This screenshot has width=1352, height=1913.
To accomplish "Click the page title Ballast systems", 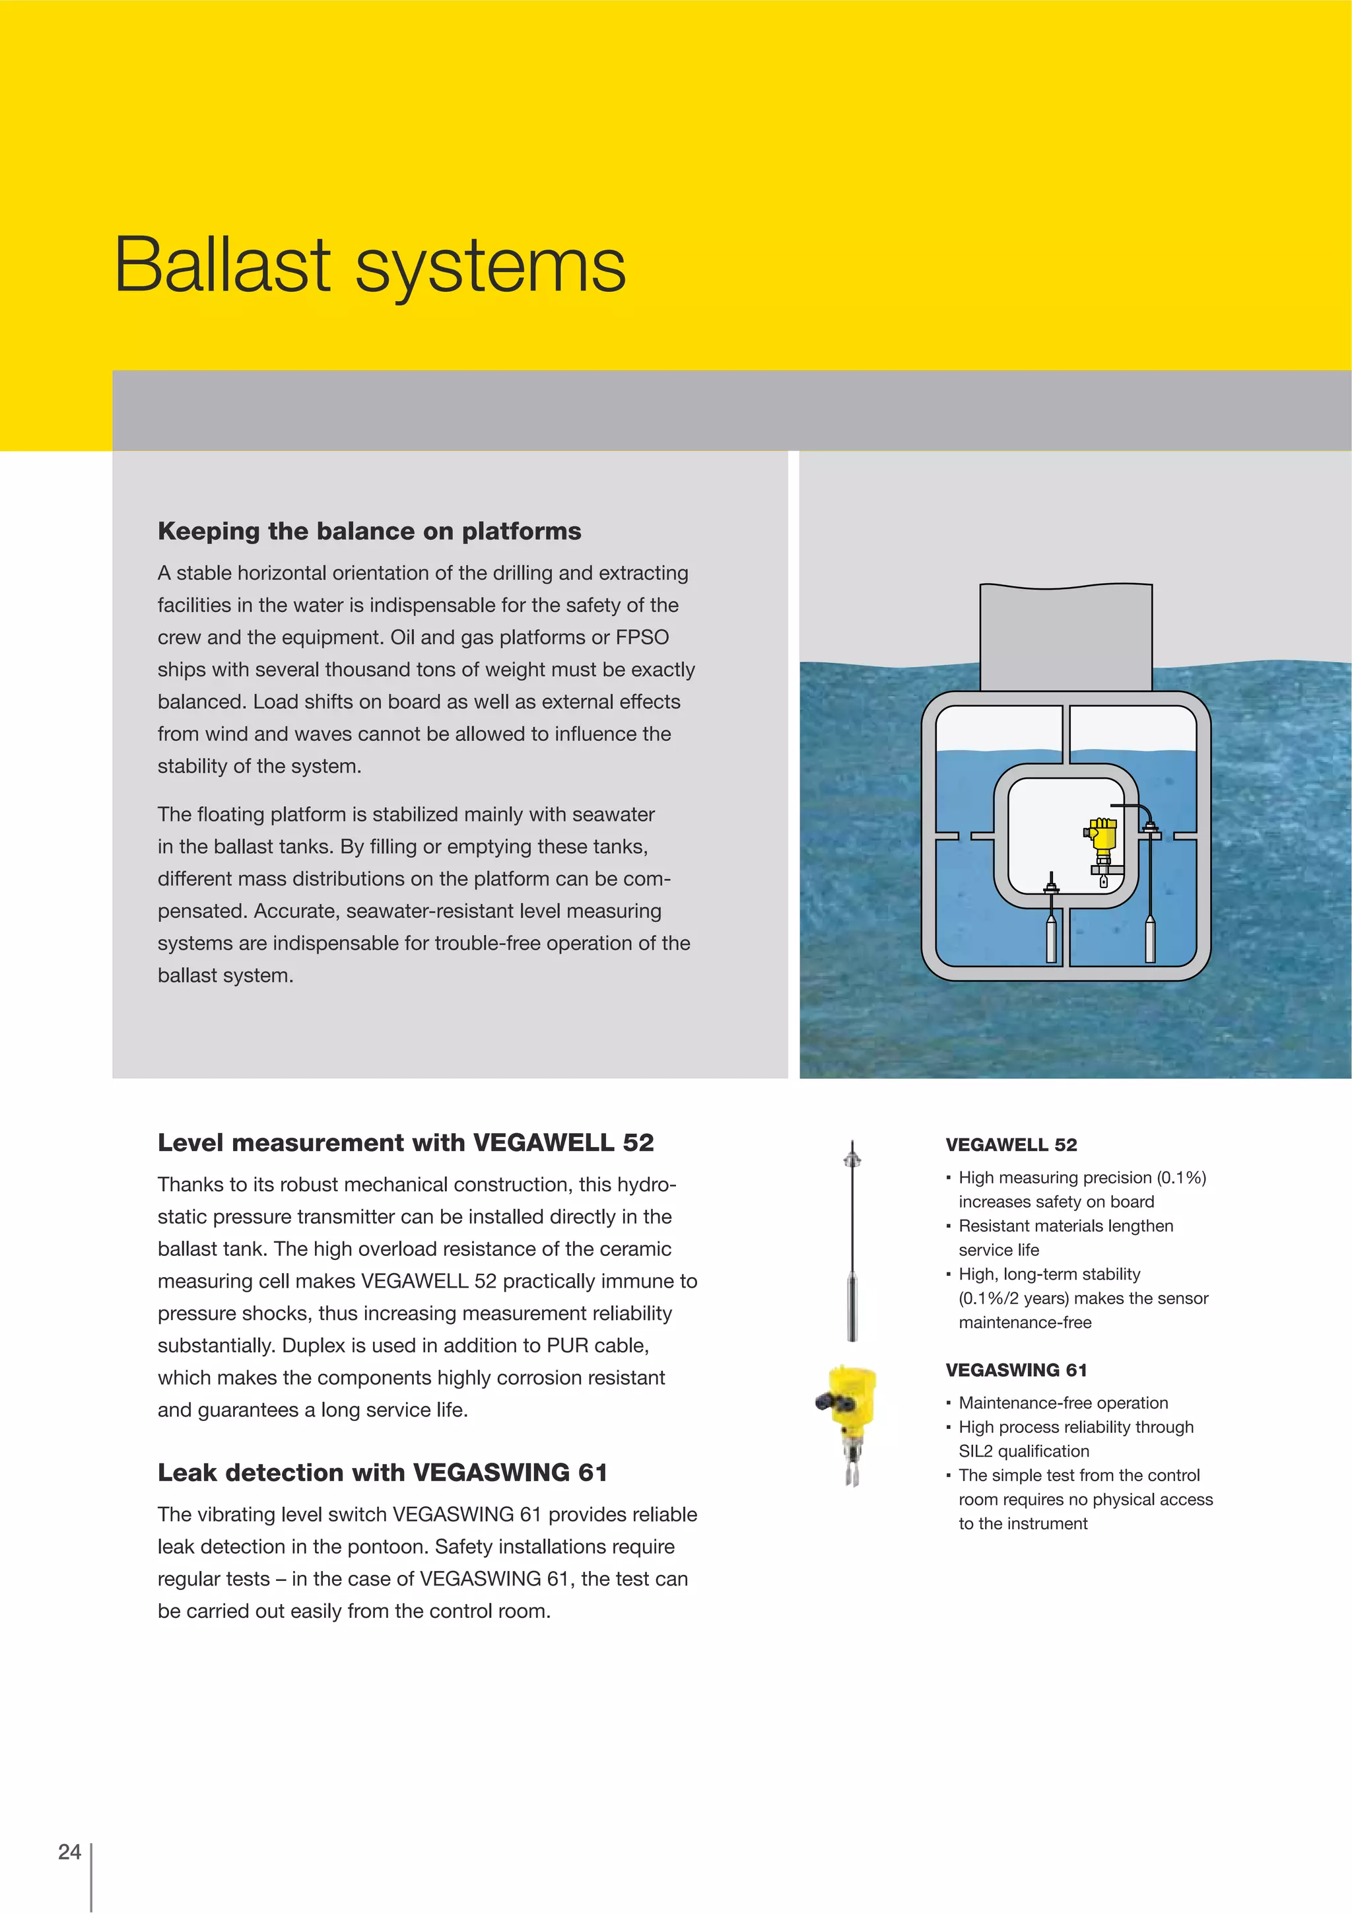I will pos(370,265).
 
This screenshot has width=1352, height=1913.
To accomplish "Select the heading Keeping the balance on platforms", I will pos(369,531).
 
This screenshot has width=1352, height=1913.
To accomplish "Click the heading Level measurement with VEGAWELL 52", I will pos(406,1142).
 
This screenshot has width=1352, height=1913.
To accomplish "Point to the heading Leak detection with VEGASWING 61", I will pos(382,1473).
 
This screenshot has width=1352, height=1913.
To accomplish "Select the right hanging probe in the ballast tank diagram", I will pos(1151,933).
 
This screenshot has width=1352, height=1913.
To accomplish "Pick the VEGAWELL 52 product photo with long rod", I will pos(852,1241).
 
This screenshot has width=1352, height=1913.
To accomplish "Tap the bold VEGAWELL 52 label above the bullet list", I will pos(1011,1145).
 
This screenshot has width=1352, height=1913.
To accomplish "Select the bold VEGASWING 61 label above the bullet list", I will pos(1015,1370).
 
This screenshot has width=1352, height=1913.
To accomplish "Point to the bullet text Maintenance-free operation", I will pos(1063,1403).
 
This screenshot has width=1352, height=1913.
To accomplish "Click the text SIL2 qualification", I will pos(1023,1451).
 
